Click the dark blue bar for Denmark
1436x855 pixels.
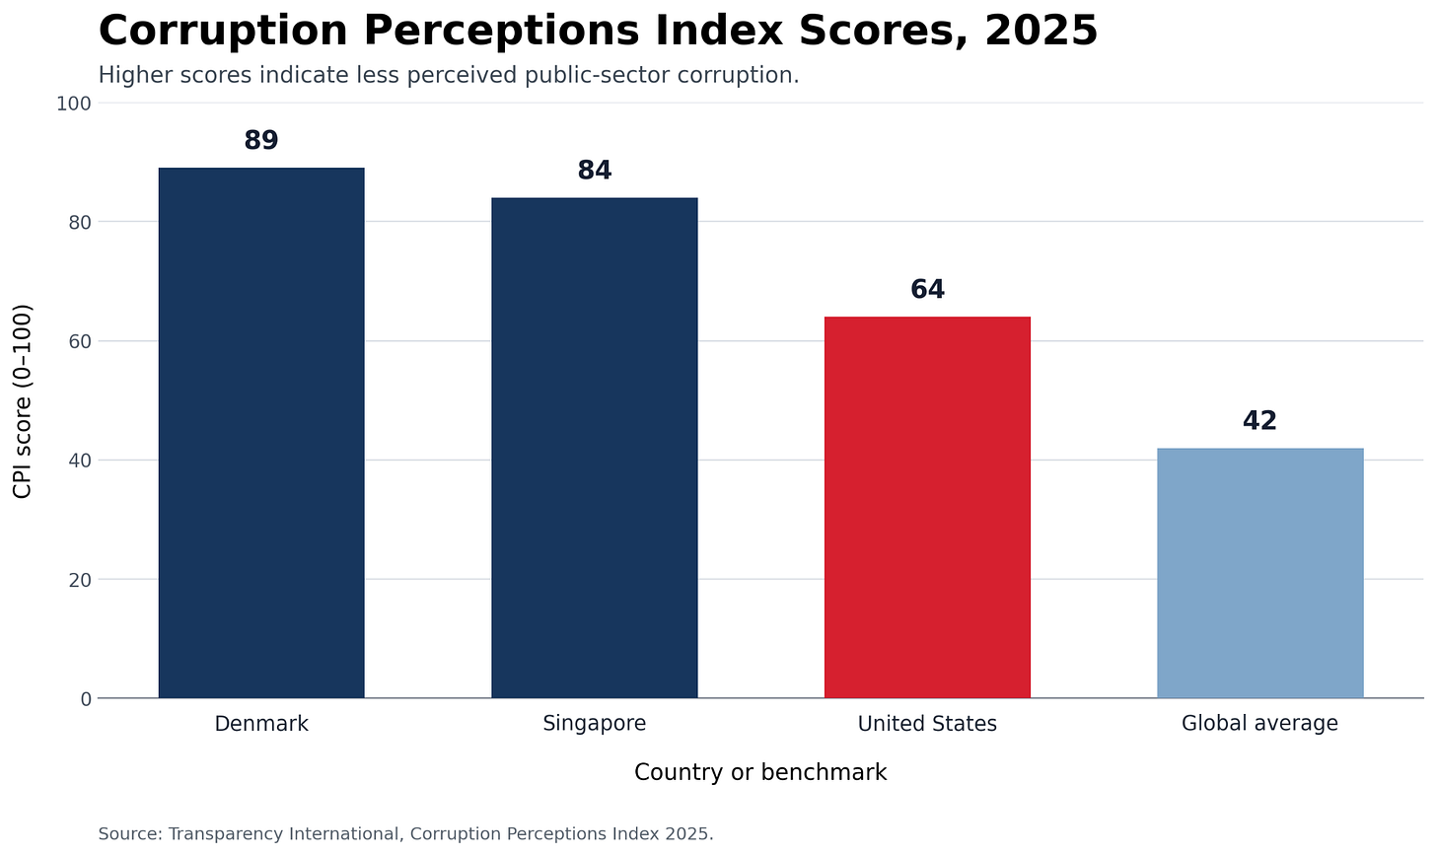(261, 433)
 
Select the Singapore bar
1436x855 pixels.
(595, 448)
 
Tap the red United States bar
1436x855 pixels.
(927, 507)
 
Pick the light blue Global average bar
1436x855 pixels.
(1259, 573)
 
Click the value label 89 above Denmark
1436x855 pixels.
(261, 140)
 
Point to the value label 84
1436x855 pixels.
(595, 171)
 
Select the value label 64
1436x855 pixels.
(927, 289)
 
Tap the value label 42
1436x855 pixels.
(1259, 421)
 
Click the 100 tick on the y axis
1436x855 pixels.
(74, 104)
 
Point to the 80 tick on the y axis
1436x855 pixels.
(80, 223)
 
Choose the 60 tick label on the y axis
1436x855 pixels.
(80, 341)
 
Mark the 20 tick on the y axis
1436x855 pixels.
(80, 580)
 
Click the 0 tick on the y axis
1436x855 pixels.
(86, 699)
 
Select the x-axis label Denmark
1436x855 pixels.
(261, 724)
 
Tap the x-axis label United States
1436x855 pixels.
(927, 724)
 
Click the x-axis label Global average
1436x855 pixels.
(1259, 724)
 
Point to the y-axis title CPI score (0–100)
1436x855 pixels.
(23, 401)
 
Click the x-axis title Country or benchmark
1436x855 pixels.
(760, 772)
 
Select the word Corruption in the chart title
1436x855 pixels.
(223, 32)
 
